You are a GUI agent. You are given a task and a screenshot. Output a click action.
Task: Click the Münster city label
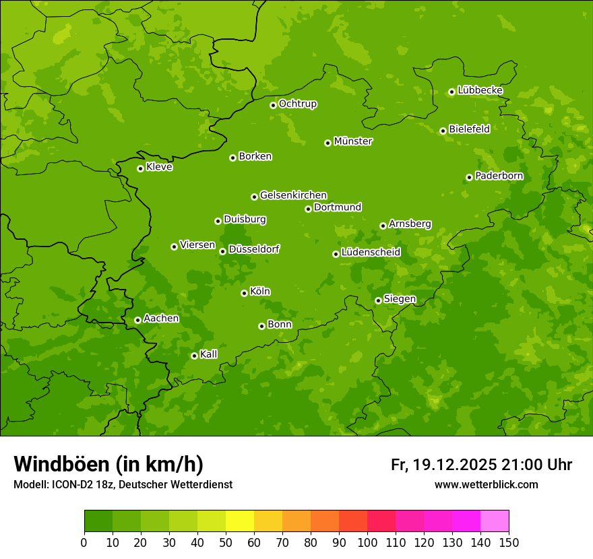352,141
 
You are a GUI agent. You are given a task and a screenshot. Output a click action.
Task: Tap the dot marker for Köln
244,293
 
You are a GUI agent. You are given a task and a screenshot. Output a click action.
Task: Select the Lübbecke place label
480,90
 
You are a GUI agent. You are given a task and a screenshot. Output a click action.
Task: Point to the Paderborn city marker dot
469,177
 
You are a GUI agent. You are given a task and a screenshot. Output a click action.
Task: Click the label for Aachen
161,319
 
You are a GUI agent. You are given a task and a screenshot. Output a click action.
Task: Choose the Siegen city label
400,299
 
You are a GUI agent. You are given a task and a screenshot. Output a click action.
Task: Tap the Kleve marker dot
140,168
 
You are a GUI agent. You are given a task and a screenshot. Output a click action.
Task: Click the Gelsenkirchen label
293,195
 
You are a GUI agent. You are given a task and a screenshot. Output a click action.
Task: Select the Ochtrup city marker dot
273,105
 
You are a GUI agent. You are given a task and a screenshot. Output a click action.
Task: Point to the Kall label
208,354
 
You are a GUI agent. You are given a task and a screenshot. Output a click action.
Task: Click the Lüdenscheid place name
371,253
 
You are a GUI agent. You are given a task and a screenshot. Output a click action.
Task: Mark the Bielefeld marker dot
443,131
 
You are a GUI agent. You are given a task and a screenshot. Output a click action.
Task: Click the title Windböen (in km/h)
108,464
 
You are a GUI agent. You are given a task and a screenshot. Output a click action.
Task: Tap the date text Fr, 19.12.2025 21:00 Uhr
481,465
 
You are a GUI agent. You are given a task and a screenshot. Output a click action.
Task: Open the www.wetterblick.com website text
486,484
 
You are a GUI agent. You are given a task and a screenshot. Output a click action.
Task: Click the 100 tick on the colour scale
367,542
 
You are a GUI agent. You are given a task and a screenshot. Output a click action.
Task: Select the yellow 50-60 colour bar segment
240,521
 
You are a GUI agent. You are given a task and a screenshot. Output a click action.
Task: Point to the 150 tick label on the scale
509,542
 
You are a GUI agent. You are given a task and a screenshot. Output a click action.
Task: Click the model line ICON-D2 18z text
123,484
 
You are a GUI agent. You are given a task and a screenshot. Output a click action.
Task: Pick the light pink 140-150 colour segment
495,521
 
